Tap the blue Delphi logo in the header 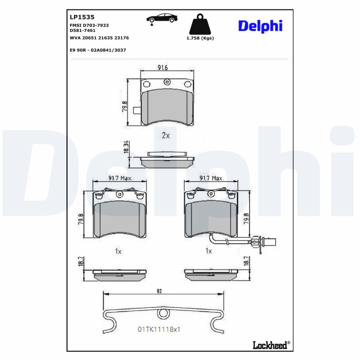[260, 26]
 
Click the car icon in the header [162, 18]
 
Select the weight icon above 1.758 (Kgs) [200, 25]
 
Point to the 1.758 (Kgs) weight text [200, 38]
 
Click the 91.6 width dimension [162, 68]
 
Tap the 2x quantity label [165, 135]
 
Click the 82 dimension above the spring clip [159, 291]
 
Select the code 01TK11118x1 [159, 329]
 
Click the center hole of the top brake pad [167, 82]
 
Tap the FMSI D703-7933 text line [89, 26]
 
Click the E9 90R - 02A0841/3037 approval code [98, 50]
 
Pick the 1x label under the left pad [118, 251]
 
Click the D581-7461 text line [82, 31]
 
